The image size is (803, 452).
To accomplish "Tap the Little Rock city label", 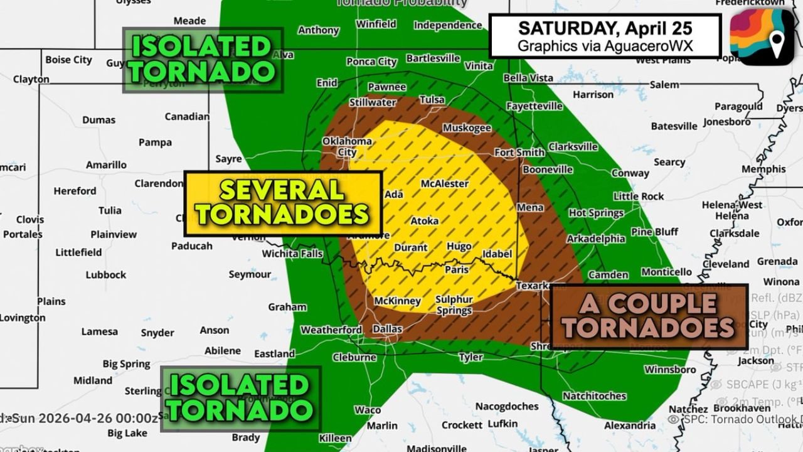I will click(639, 196).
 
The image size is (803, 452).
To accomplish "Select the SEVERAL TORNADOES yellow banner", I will click(282, 203).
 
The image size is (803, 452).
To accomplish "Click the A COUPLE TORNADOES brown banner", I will click(649, 316).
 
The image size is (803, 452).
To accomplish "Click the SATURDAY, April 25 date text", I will click(605, 28).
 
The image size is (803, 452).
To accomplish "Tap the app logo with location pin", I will click(761, 37).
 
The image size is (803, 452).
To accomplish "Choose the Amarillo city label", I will click(106, 165).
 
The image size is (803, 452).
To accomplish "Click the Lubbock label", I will click(106, 275).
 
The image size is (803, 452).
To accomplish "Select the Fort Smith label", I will click(519, 153).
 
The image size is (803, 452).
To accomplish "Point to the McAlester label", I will click(445, 184).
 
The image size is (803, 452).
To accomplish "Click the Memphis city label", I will click(763, 169).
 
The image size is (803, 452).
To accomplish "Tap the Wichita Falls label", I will click(292, 254).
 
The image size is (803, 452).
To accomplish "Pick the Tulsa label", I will click(432, 100).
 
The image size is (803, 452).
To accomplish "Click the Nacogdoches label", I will click(507, 406).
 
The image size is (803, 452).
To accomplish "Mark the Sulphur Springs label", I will click(454, 305).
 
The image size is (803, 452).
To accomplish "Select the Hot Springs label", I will click(596, 213).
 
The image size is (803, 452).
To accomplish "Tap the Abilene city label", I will click(222, 350).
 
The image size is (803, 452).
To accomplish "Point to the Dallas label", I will click(387, 329).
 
